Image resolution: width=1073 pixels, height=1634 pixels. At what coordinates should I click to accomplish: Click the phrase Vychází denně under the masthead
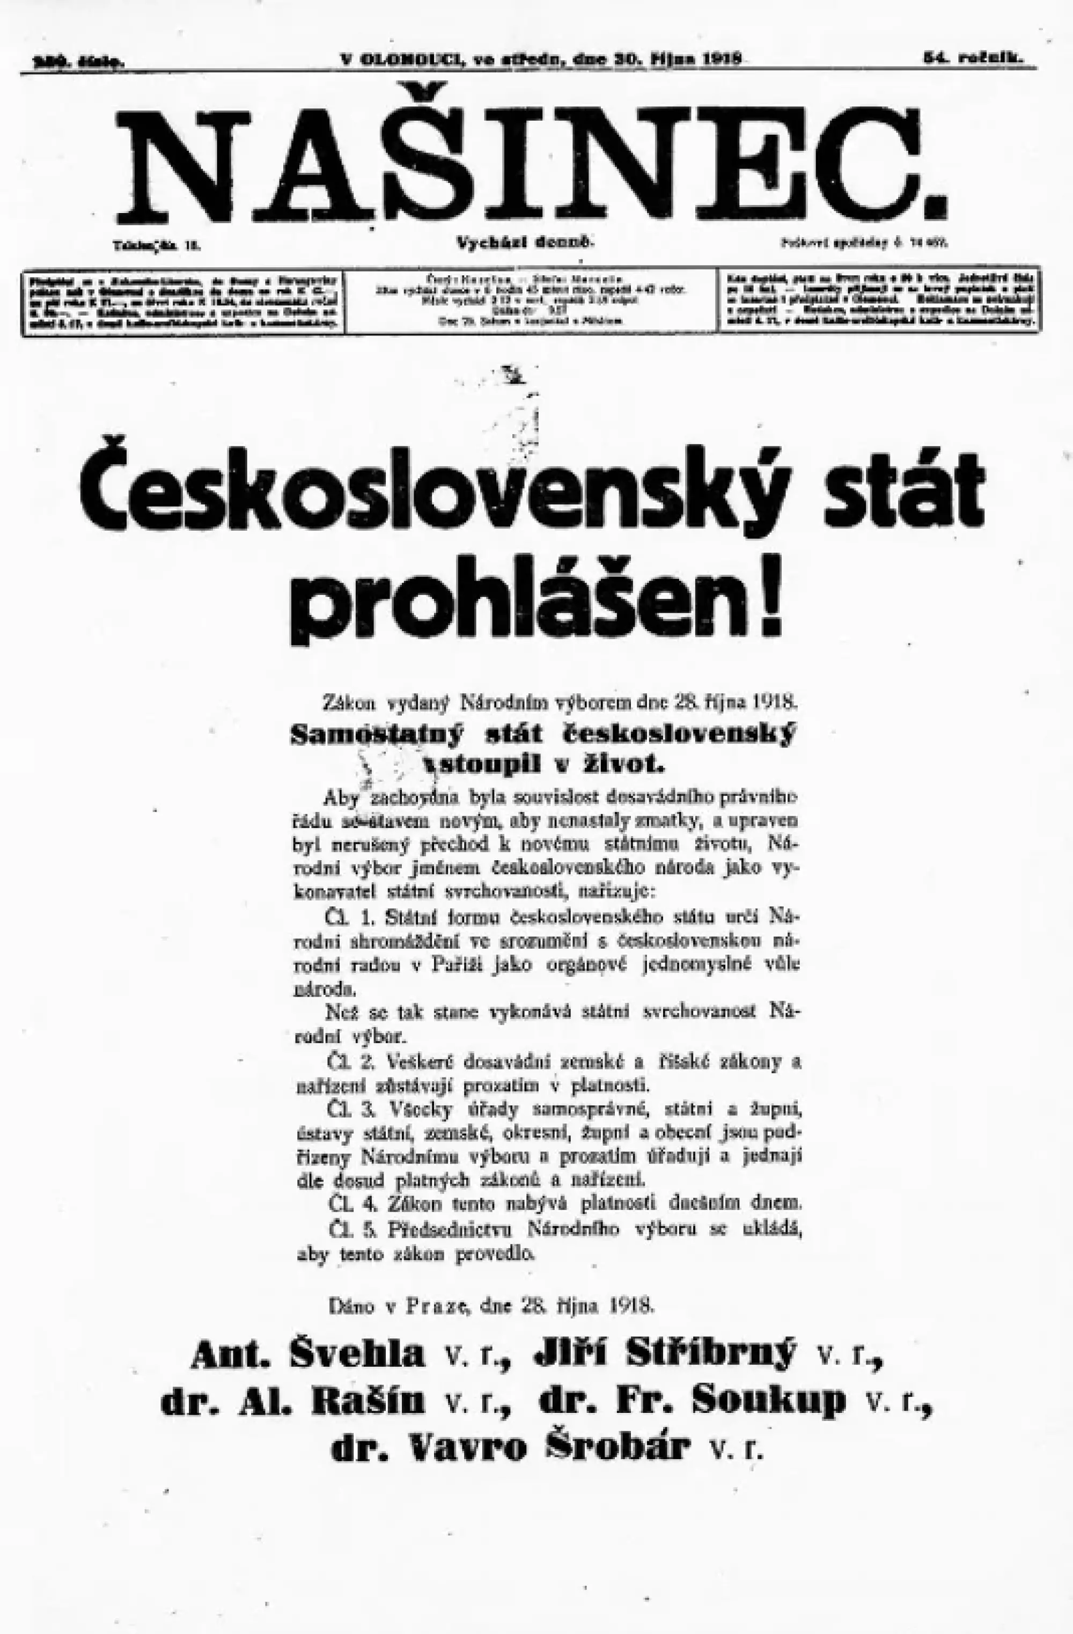click(x=525, y=243)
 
